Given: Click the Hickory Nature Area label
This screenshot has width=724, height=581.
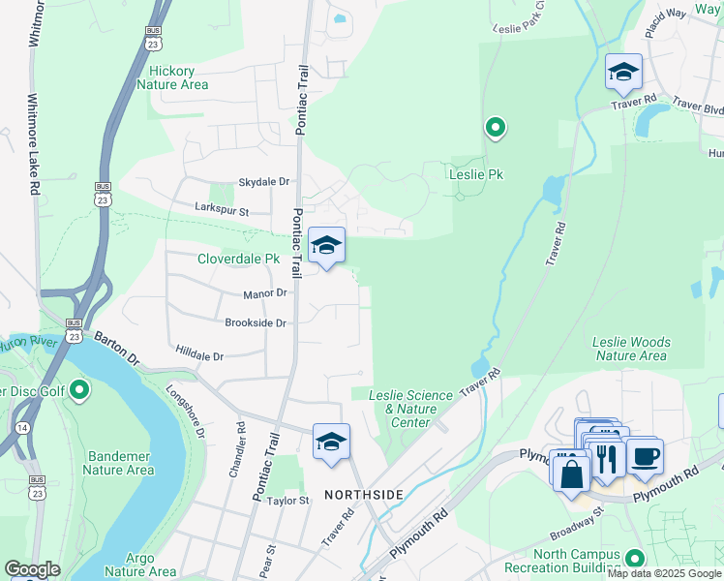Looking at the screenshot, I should tap(172, 77).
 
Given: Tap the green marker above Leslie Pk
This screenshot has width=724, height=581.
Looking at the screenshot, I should tap(496, 128).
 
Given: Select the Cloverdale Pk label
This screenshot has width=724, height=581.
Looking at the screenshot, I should tap(238, 260).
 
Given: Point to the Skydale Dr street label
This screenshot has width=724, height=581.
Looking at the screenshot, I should tap(264, 182).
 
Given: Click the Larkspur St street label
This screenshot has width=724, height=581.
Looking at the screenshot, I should tap(222, 210).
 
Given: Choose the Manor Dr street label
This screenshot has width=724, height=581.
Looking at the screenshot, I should tap(266, 292).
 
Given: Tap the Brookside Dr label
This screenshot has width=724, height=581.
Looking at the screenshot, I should tap(256, 323).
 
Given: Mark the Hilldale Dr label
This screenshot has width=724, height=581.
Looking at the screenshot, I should tap(199, 356).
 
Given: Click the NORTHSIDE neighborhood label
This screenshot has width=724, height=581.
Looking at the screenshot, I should tap(363, 495).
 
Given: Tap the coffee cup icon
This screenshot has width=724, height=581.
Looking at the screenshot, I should tap(645, 456).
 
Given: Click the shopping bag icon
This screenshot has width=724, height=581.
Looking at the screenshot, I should tap(571, 473).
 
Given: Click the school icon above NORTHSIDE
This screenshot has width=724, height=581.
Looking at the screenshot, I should tap(331, 442).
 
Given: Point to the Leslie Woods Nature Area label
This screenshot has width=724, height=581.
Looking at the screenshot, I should tap(630, 349).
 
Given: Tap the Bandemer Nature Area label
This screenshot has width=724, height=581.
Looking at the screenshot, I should tap(118, 463).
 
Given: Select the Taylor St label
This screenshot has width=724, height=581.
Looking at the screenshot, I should tap(287, 501).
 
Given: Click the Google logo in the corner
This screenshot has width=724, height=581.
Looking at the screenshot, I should tap(32, 569).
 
